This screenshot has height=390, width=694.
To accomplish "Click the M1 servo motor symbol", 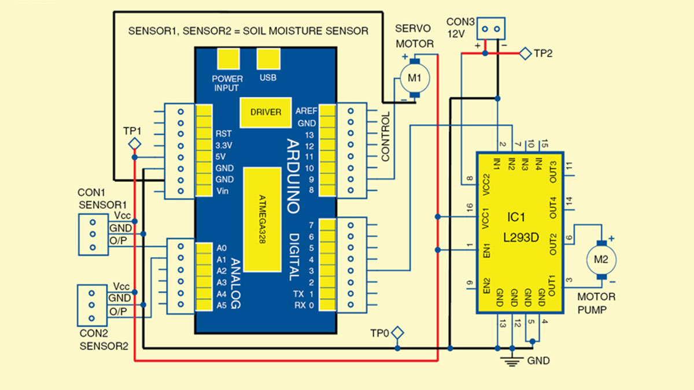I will pos(414,79).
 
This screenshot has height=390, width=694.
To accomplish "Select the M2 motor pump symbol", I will pos(601,259).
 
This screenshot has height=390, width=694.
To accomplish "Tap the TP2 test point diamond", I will pos(525,54).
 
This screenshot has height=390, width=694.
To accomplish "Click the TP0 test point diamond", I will pos(397,333).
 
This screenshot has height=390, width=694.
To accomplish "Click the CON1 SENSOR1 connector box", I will pos(93,235).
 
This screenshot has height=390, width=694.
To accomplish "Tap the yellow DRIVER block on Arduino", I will pos(266,112).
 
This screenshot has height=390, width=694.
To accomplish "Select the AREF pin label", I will pos(306,111).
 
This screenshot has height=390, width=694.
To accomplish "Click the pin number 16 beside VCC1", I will pos(469,206).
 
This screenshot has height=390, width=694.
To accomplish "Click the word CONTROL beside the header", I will pos(386,136).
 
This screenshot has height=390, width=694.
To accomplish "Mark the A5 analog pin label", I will pos(222,305).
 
